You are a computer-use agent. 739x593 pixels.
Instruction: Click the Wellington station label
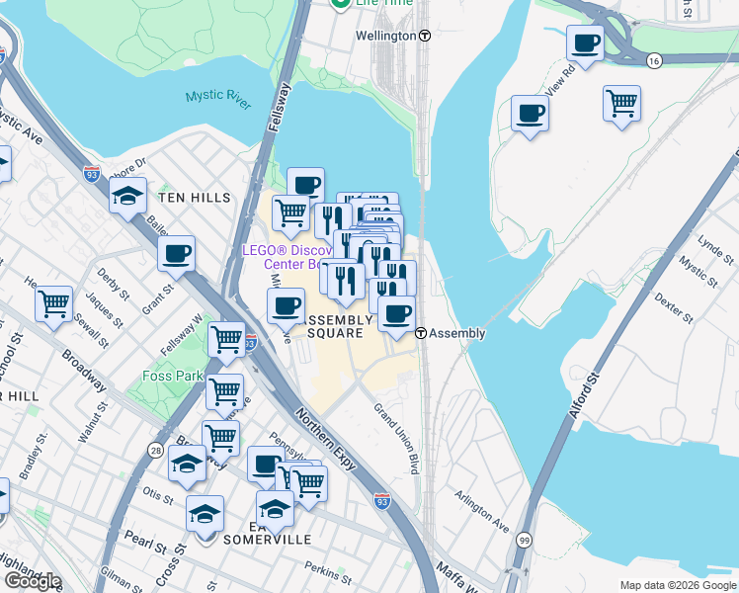(386, 36)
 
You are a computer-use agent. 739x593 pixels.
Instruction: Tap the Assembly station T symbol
(421, 333)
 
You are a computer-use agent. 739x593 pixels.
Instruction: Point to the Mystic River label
(217, 97)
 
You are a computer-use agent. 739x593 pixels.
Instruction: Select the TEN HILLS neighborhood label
(195, 198)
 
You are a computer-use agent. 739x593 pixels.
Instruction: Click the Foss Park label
(172, 377)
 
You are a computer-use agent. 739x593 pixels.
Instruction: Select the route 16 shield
(654, 61)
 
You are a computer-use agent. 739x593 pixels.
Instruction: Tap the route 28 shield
(157, 450)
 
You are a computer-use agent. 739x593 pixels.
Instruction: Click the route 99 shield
(524, 541)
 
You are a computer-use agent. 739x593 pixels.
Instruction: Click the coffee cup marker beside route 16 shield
(585, 44)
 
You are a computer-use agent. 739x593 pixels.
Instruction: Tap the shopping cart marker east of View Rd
(621, 103)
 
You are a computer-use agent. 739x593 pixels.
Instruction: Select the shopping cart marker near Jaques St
(53, 303)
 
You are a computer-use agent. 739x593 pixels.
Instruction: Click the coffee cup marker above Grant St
(177, 254)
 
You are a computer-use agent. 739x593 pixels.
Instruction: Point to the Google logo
(33, 581)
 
